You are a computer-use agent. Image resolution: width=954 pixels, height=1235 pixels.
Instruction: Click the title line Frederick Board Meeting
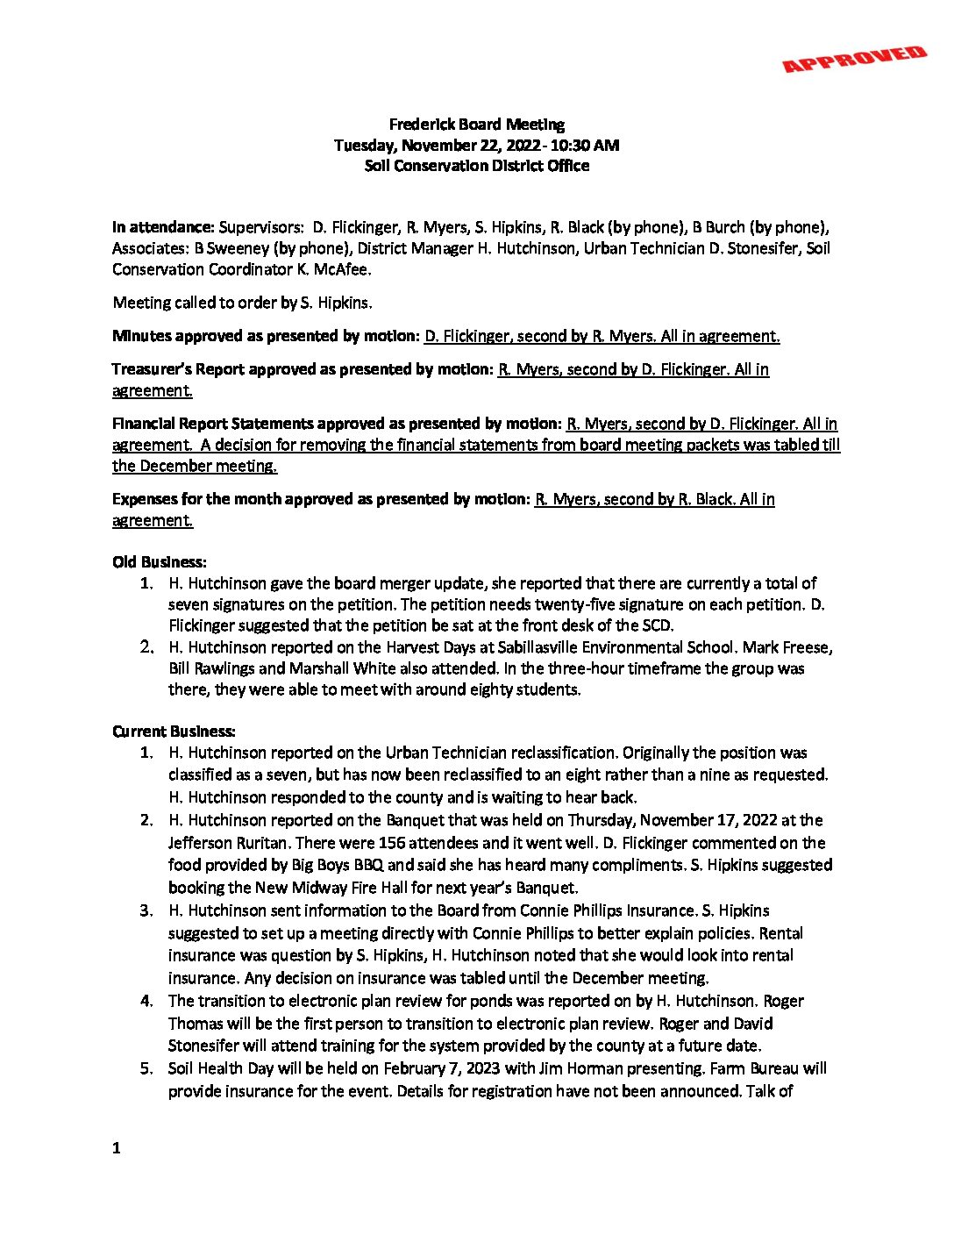pyautogui.click(x=476, y=125)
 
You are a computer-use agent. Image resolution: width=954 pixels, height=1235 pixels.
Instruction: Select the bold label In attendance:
pyautogui.click(x=163, y=227)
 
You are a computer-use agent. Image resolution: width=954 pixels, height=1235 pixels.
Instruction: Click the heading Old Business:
pyautogui.click(x=160, y=561)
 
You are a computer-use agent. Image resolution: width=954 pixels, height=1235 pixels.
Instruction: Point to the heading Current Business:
pyautogui.click(x=174, y=732)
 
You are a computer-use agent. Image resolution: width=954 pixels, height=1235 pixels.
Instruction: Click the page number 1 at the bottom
pyautogui.click(x=117, y=1147)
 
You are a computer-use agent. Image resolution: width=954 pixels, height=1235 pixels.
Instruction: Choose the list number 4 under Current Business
pyautogui.click(x=146, y=1001)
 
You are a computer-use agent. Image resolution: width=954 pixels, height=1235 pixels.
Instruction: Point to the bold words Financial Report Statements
pyautogui.click(x=213, y=424)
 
